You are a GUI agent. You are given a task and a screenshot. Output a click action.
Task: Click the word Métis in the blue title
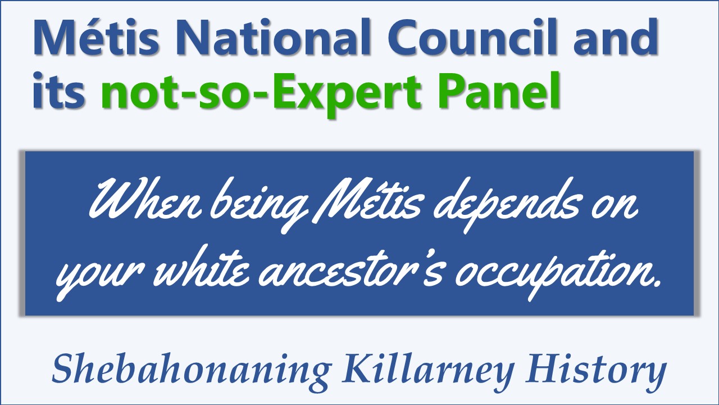tap(96, 37)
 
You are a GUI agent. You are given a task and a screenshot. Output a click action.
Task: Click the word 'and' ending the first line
tap(616, 37)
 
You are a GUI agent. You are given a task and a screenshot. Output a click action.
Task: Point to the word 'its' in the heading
tap(59, 91)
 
